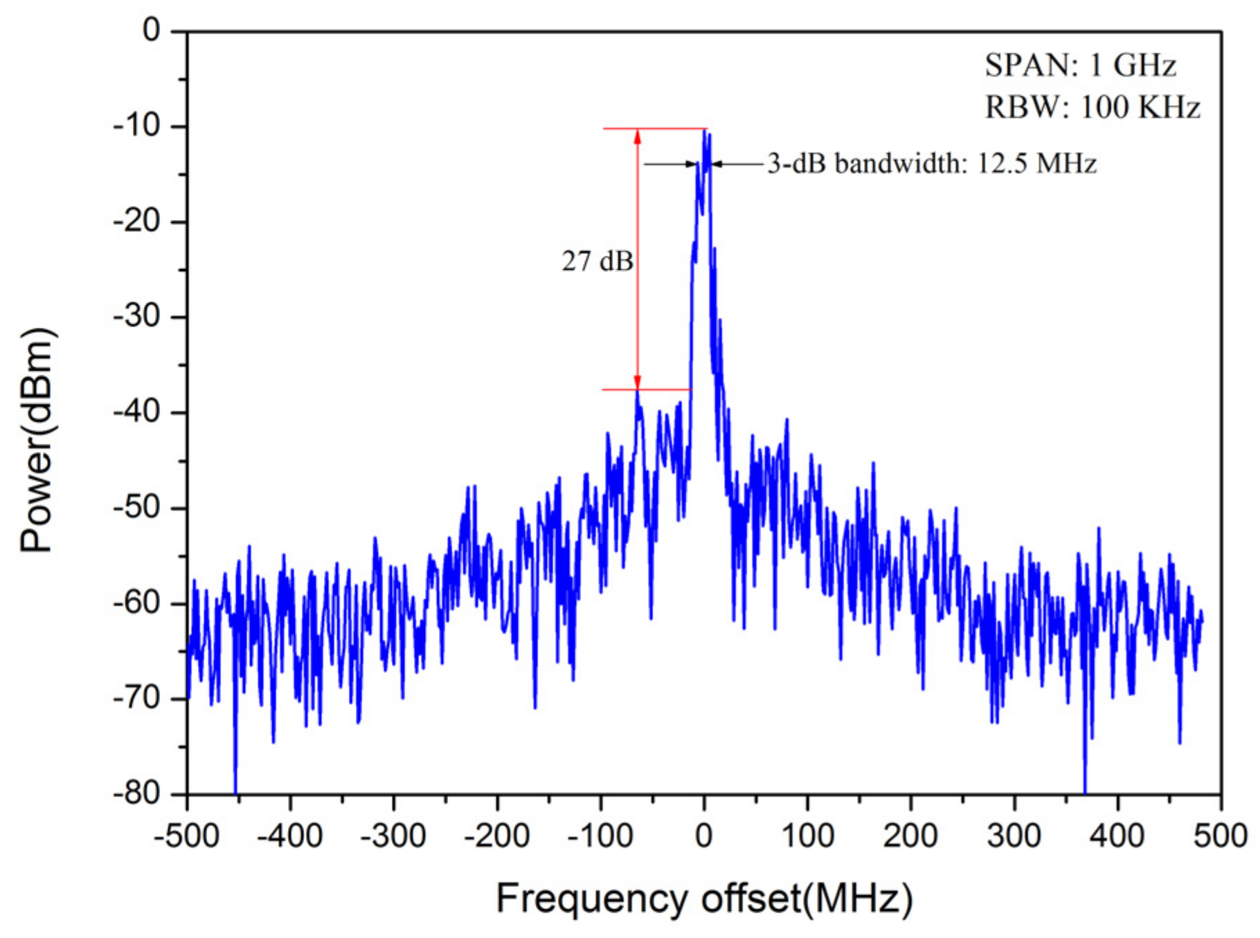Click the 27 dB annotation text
[597, 261]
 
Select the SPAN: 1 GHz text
[1081, 66]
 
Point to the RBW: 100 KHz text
[1092, 107]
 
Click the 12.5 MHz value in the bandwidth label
[1036, 164]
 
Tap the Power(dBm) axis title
[37, 441]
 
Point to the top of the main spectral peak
[705, 131]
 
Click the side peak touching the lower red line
[638, 393]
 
